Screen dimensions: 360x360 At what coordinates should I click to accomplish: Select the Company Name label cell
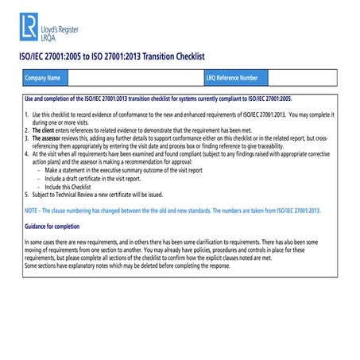click(43, 78)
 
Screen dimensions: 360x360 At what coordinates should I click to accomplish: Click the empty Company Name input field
click(135, 78)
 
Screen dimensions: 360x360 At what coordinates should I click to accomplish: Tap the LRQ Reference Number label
click(232, 78)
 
